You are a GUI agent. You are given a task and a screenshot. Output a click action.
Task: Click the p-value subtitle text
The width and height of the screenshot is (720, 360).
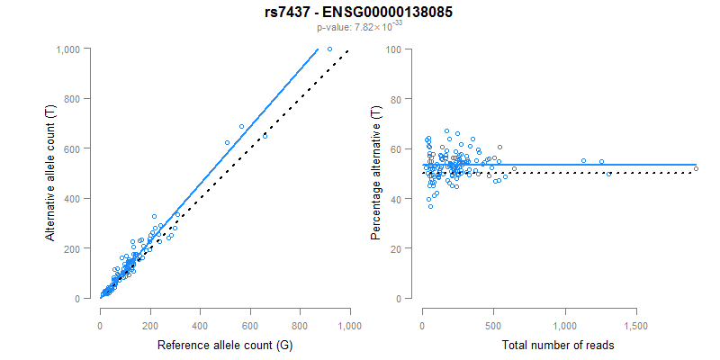pos(359,27)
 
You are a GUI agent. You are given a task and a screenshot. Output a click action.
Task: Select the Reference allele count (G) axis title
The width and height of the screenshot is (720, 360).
pos(223,345)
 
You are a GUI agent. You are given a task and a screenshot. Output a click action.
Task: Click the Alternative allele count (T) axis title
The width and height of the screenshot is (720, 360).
pos(51,172)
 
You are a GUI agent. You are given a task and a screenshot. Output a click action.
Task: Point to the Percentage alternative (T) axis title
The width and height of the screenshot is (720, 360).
pos(376,172)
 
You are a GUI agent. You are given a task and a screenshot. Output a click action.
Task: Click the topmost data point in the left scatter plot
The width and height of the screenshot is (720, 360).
pos(329,49)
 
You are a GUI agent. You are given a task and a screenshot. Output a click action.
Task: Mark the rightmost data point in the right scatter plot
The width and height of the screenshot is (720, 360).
pos(696,168)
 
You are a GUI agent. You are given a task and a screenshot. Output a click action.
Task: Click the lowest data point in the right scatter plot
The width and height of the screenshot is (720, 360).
pos(430,206)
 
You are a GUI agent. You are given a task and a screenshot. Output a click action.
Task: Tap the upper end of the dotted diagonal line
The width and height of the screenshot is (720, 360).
pos(348,49)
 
